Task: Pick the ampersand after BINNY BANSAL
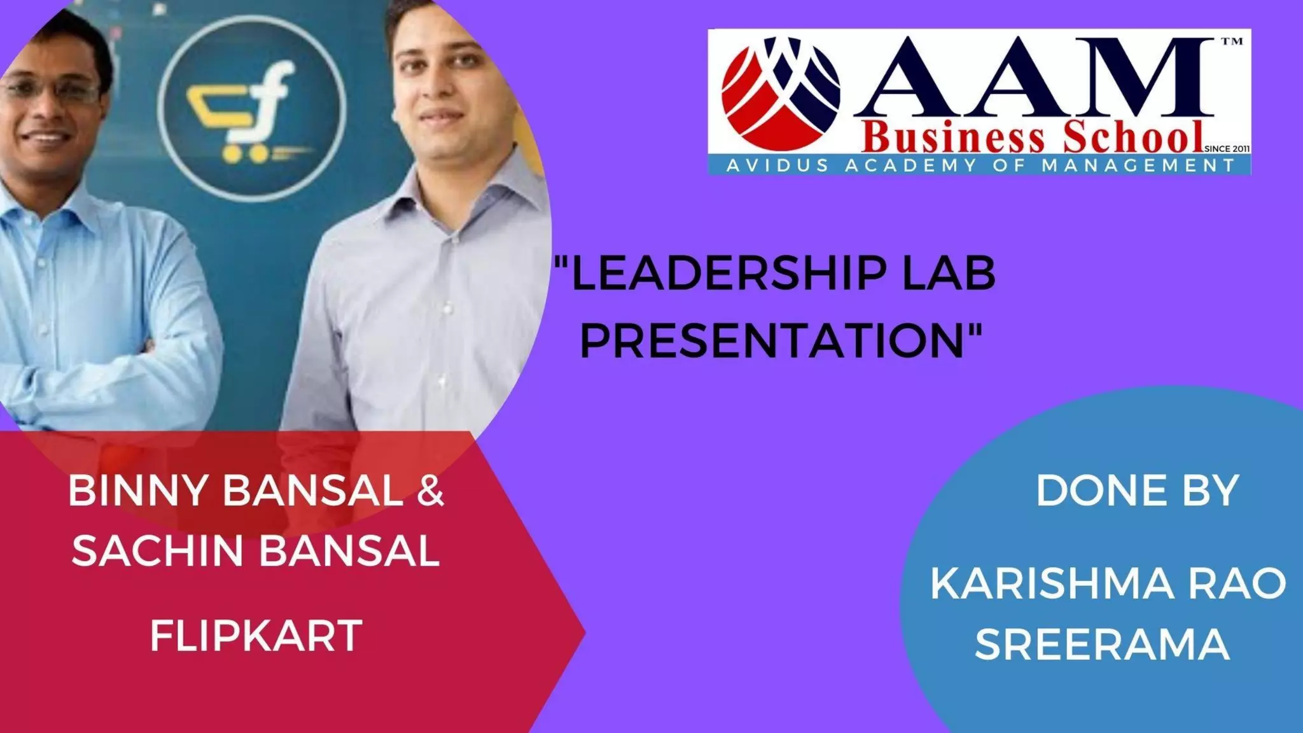430,492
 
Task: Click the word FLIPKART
256,635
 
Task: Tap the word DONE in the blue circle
1090,491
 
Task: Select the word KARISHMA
1052,583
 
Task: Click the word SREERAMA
1102,644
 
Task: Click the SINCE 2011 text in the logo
1228,149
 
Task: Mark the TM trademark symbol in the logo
1231,42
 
